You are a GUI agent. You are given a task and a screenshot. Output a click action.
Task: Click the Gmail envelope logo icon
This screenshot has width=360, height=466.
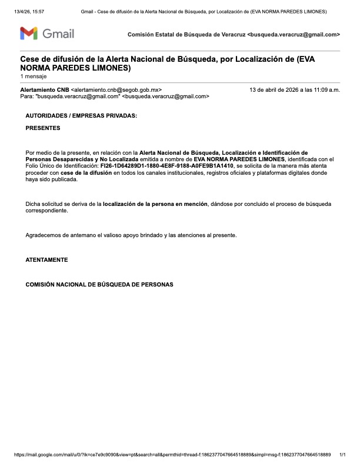point(29,34)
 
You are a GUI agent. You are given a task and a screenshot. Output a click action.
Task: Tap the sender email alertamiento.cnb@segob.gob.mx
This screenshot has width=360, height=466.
point(116,89)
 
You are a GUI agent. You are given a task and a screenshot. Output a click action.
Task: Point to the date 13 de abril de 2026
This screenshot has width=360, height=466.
point(276,89)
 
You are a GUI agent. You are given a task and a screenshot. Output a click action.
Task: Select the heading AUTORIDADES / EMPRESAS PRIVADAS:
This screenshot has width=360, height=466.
point(81,116)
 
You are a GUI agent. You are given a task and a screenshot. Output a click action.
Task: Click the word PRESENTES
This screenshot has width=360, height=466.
point(43,128)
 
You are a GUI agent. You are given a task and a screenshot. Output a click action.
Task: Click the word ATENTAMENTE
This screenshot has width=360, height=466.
point(47,259)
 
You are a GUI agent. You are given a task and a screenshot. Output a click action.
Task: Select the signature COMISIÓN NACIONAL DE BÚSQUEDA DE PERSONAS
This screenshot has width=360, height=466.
point(99,284)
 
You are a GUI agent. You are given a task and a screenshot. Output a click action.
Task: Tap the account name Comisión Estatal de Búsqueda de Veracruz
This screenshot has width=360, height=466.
point(186,35)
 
